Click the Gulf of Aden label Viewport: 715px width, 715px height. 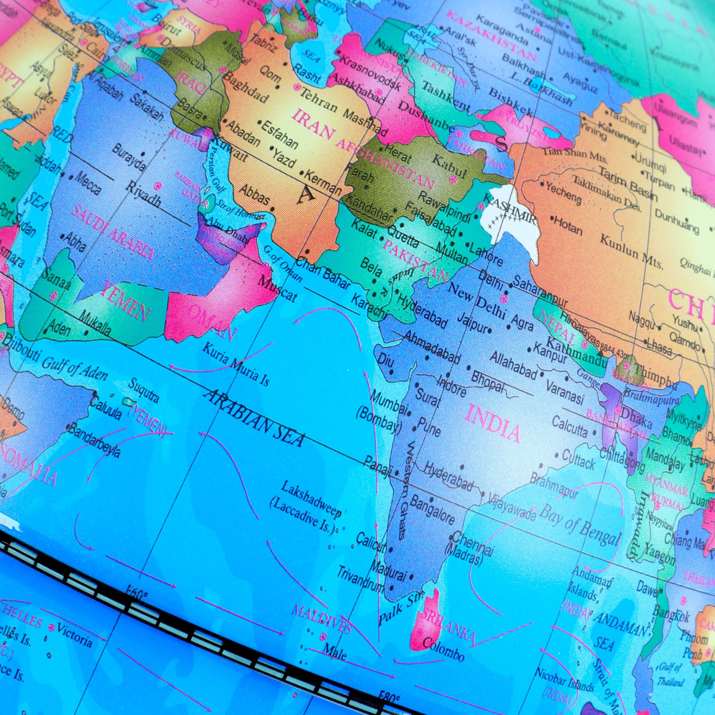[x=74, y=369]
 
